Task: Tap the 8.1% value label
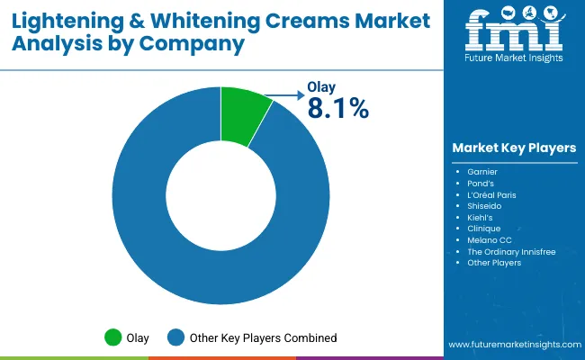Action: coord(337,109)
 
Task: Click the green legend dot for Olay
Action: coord(113,337)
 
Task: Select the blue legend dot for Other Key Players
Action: coord(175,337)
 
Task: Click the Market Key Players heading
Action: coord(514,148)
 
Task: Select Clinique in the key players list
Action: coord(485,229)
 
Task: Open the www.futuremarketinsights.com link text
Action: coord(514,345)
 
